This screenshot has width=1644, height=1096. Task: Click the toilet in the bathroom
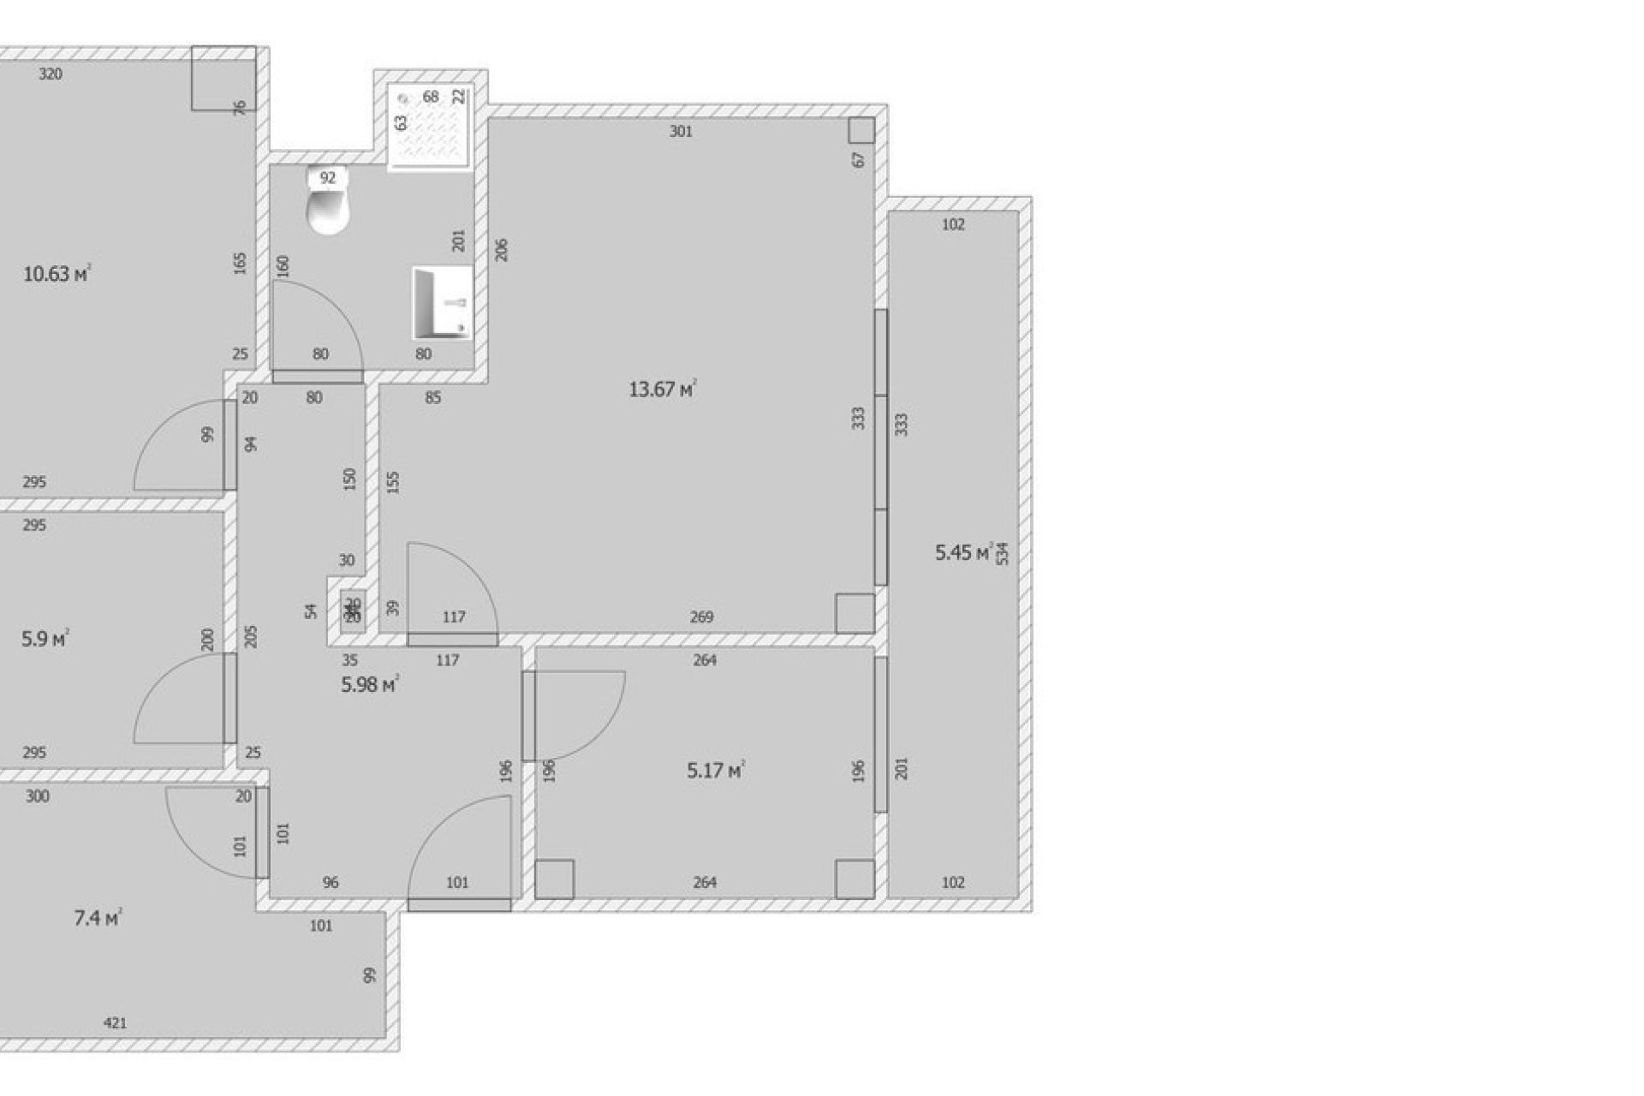coord(328,210)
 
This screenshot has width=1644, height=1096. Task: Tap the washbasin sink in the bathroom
coord(443,302)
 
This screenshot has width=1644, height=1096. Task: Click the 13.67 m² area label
coord(662,390)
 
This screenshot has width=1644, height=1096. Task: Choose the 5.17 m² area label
coord(715,771)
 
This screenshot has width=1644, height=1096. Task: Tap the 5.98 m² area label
coord(370,685)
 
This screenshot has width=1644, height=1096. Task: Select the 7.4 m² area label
coord(97,919)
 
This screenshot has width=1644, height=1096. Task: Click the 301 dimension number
coord(681,132)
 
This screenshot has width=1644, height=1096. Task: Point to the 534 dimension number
coord(1003,553)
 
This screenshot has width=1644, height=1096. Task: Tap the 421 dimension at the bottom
coord(115,1022)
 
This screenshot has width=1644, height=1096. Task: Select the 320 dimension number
coord(51,74)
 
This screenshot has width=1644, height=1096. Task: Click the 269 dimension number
coord(701,617)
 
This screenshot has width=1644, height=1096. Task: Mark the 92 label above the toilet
coord(327,178)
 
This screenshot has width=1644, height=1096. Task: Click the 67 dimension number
coord(859,159)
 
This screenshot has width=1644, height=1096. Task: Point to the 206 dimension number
coord(502,249)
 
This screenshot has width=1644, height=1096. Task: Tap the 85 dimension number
coord(433,398)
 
